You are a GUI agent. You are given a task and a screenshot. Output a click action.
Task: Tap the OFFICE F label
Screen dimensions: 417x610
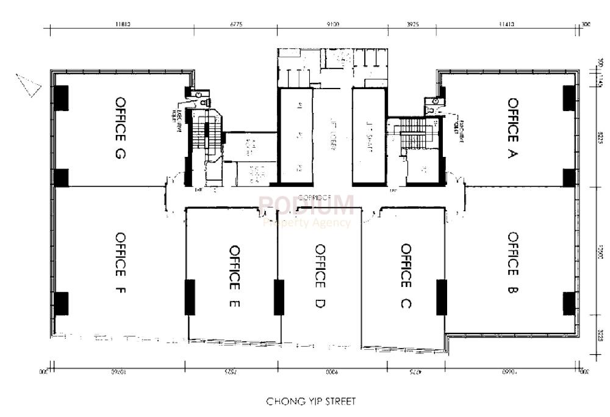tap(120, 264)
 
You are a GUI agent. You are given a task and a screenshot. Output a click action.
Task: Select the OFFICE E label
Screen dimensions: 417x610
tap(234, 276)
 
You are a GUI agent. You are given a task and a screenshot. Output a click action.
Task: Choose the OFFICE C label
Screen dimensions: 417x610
tap(406, 276)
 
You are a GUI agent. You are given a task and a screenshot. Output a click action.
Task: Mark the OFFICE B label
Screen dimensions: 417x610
tap(512, 264)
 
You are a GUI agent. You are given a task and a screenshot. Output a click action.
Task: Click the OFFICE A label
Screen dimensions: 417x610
tap(512, 128)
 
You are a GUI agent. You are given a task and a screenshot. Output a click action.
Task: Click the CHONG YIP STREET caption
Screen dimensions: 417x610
tap(310, 402)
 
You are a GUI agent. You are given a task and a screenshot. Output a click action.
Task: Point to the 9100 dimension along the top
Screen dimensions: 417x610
tap(332, 25)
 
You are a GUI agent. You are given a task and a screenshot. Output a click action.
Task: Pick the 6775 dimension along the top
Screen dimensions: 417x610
tap(235, 25)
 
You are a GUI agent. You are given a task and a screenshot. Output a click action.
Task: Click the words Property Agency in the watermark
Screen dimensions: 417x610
tap(307, 223)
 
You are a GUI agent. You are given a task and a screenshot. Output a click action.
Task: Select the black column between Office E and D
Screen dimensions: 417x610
tap(279, 297)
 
